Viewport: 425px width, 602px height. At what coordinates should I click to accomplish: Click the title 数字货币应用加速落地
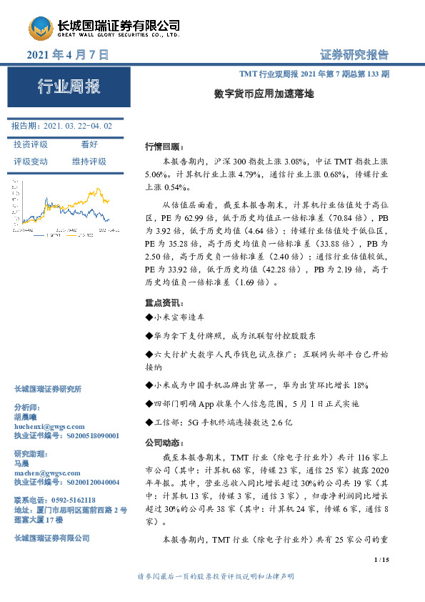264,93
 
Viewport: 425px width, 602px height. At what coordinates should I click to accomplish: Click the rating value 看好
89,144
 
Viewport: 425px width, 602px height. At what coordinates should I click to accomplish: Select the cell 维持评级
89,162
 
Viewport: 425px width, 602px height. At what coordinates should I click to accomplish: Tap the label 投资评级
31,144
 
